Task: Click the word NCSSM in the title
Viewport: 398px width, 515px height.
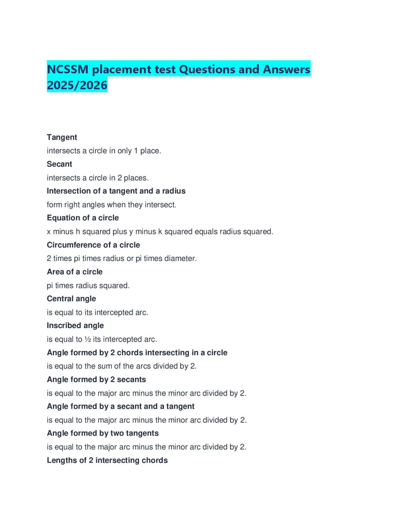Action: pos(68,69)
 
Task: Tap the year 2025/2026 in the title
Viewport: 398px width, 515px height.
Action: pos(77,85)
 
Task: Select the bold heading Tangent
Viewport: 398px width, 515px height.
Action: pos(62,137)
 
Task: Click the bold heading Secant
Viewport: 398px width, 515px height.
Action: pos(59,164)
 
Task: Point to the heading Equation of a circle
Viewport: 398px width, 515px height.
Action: pos(83,218)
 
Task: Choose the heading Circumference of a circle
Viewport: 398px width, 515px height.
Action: pos(93,245)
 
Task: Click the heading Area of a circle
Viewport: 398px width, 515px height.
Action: pos(75,271)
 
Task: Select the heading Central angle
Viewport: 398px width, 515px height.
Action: pos(71,299)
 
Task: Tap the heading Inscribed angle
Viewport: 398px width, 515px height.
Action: pos(75,325)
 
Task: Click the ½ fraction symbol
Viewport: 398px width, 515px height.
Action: pos(88,339)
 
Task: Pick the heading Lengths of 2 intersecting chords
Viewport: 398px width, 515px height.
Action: pos(107,460)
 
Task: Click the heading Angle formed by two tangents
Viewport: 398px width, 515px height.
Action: pos(103,433)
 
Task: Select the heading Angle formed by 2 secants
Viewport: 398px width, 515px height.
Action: pos(96,379)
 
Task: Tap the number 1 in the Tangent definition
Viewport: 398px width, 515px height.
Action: pos(136,151)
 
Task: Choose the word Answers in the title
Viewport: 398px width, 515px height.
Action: pos(286,69)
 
